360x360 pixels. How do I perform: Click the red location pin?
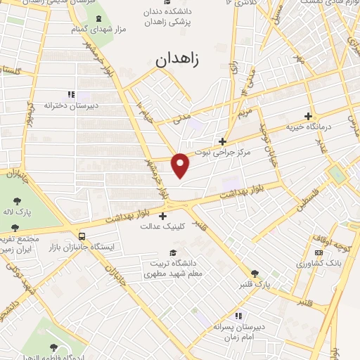[x=181, y=165]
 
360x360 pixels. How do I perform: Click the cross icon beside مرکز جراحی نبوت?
[x=222, y=141]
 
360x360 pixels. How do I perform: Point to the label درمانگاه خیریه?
[x=307, y=127]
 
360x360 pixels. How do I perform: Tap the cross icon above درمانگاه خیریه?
[x=307, y=116]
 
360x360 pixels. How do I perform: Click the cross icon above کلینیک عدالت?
[x=163, y=216]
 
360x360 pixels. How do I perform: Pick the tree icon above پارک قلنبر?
[x=255, y=274]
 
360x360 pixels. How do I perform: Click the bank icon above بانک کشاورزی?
[x=319, y=252]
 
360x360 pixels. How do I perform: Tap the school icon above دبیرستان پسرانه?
[x=238, y=316]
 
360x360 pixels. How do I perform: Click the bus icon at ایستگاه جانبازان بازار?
[x=82, y=236]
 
